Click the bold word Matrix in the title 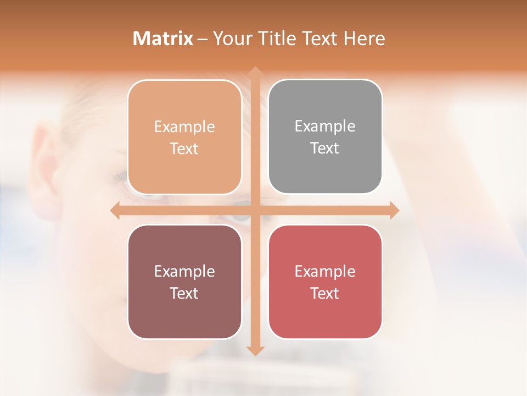(x=163, y=38)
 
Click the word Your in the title (x=231, y=38)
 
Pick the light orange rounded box (x=184, y=137)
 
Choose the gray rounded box (x=325, y=136)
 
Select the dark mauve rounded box (x=184, y=282)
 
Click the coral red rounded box (x=325, y=282)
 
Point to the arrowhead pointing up (x=255, y=72)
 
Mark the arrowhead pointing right (x=394, y=210)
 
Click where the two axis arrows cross (x=255, y=210)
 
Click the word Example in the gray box (x=325, y=126)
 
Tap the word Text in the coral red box (x=325, y=293)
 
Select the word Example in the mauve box (x=184, y=271)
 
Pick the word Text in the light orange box (x=184, y=148)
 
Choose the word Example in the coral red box (x=325, y=271)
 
